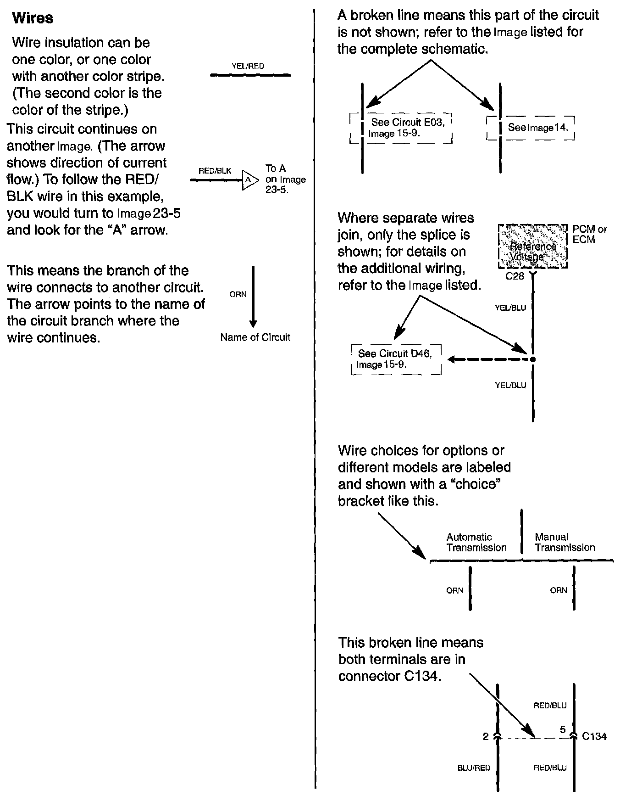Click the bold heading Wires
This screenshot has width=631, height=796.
coord(32,18)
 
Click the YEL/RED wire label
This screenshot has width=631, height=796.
coord(248,66)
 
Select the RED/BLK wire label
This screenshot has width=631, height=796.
coord(215,171)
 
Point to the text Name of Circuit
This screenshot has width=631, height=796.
coord(255,337)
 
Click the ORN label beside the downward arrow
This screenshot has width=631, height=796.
coord(238,294)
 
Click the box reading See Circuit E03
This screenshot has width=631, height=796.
coord(401,128)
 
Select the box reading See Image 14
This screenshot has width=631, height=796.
coord(532,128)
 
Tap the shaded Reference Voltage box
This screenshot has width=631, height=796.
coord(533,247)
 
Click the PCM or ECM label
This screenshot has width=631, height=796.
coord(590,234)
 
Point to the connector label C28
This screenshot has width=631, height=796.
coord(515,276)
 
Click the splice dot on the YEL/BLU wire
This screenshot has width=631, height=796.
coord(532,359)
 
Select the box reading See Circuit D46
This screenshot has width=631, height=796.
coord(396,359)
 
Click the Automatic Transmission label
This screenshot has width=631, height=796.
coord(476,542)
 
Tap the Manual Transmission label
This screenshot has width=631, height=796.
coord(565,542)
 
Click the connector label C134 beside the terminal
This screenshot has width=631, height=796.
coord(594,736)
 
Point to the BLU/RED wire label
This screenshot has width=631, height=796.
coord(474,768)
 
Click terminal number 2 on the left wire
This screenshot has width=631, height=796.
coord(486,736)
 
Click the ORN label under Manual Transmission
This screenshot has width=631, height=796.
coord(558,590)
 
